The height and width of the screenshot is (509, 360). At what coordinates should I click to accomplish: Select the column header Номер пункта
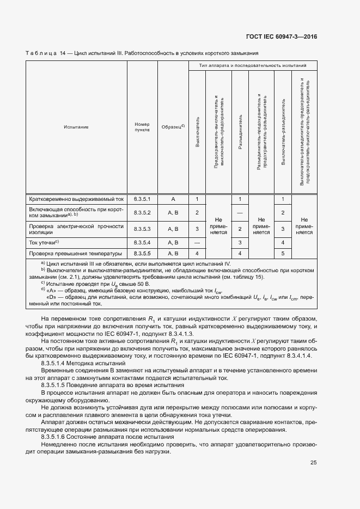point(142,127)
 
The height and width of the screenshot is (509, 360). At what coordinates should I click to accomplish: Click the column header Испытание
point(76,127)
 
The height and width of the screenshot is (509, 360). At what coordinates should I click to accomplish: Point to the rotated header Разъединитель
point(240,132)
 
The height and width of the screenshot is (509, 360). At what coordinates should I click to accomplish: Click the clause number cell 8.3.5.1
point(142,200)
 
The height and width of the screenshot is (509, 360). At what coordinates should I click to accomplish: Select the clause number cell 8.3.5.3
point(142,229)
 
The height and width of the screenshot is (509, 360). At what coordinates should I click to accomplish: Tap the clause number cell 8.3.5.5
point(142,254)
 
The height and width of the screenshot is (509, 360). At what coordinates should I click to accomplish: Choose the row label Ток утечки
point(44,242)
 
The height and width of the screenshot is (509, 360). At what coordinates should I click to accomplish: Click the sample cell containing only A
point(173,200)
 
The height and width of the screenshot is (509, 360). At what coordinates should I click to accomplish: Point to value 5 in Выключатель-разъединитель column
point(283,254)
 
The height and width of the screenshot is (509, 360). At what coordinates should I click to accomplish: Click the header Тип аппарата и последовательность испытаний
point(252,65)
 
